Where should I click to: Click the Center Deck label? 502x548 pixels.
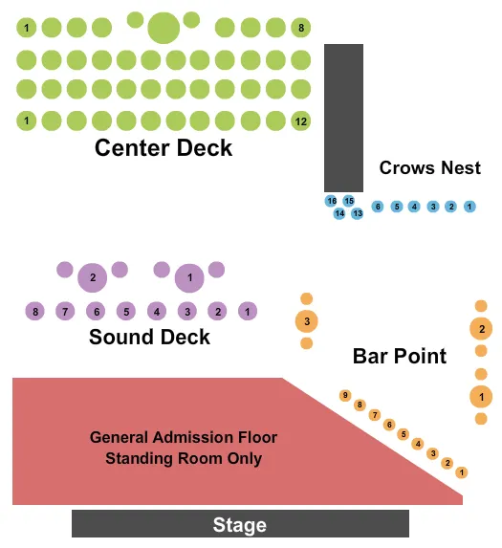tap(164, 148)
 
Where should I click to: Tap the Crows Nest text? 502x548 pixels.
tap(429, 167)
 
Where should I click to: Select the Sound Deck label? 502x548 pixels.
tap(149, 337)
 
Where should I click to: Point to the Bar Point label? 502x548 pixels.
tap(400, 357)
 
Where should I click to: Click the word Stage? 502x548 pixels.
tap(239, 525)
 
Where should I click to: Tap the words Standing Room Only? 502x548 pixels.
tap(184, 459)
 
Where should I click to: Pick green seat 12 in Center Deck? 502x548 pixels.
tap(301, 121)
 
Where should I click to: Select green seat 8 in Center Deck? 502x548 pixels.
tap(301, 28)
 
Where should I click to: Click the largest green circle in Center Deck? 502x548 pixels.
tap(164, 28)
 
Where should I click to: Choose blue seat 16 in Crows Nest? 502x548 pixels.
tap(331, 201)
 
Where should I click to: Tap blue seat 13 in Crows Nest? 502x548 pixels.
tap(357, 213)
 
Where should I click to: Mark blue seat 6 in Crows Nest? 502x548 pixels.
tap(378, 207)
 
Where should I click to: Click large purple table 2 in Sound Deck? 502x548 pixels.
tap(93, 278)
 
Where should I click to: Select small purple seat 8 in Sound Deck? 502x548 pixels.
tap(35, 312)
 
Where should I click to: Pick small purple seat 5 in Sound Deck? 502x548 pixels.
tap(125, 312)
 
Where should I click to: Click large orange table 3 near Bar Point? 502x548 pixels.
tap(307, 321)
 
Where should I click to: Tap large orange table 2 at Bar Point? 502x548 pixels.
tap(482, 330)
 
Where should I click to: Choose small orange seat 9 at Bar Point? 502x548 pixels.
tap(345, 395)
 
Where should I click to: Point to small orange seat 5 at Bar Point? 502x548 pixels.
tap(404, 433)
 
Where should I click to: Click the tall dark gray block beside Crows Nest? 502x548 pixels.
tap(343, 117)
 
